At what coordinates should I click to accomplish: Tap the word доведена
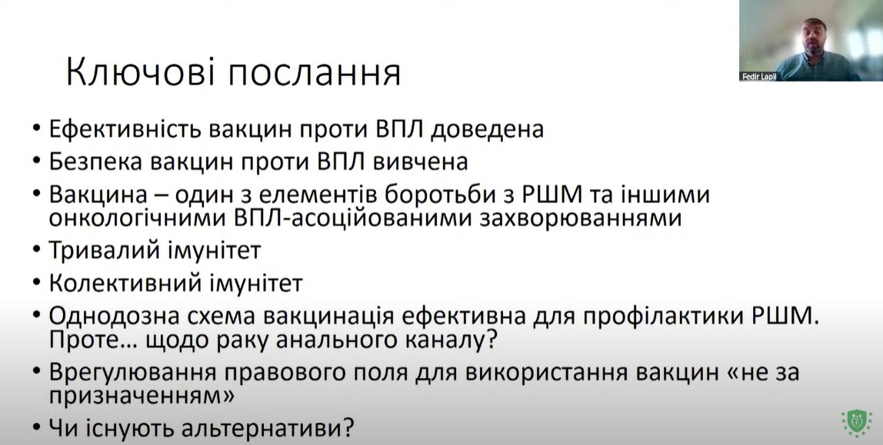pyautogui.click(x=487, y=130)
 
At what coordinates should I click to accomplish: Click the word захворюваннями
pyautogui.click(x=581, y=218)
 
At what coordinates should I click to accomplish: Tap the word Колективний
pyautogui.click(x=125, y=283)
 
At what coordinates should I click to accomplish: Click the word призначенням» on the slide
pyautogui.click(x=142, y=397)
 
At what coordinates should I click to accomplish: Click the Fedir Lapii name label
pyautogui.click(x=760, y=77)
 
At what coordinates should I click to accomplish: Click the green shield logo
pyautogui.click(x=857, y=423)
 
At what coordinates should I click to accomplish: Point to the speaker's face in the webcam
pyautogui.click(x=815, y=37)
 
